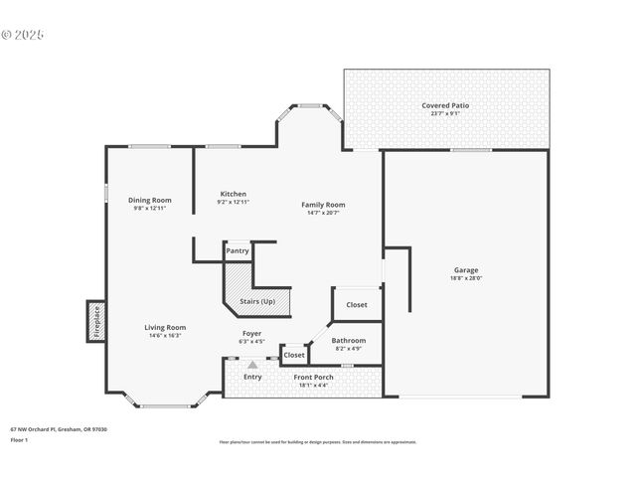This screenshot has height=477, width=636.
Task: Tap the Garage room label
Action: (466, 270)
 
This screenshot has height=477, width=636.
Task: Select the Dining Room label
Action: (151, 200)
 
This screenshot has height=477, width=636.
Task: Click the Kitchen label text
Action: (233, 194)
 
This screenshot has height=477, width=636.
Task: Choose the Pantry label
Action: (238, 251)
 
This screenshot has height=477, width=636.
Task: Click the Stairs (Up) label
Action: (257, 300)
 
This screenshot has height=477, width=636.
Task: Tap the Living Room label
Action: (165, 327)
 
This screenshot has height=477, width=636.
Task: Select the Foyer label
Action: (252, 333)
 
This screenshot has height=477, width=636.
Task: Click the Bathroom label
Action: (348, 341)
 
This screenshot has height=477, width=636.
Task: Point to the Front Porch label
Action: (313, 377)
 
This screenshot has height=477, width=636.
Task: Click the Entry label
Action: (252, 377)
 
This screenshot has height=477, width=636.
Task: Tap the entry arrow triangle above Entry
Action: (252, 365)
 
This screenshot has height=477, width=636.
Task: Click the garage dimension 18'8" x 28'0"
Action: (466, 278)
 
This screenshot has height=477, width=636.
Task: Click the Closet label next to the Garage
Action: (357, 305)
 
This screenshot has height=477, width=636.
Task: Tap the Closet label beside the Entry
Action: (294, 355)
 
